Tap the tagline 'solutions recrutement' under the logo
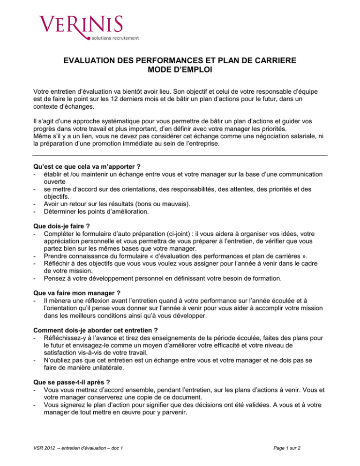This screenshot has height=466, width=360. tap(112, 37)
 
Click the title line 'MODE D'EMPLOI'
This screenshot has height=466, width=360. tap(180, 71)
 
